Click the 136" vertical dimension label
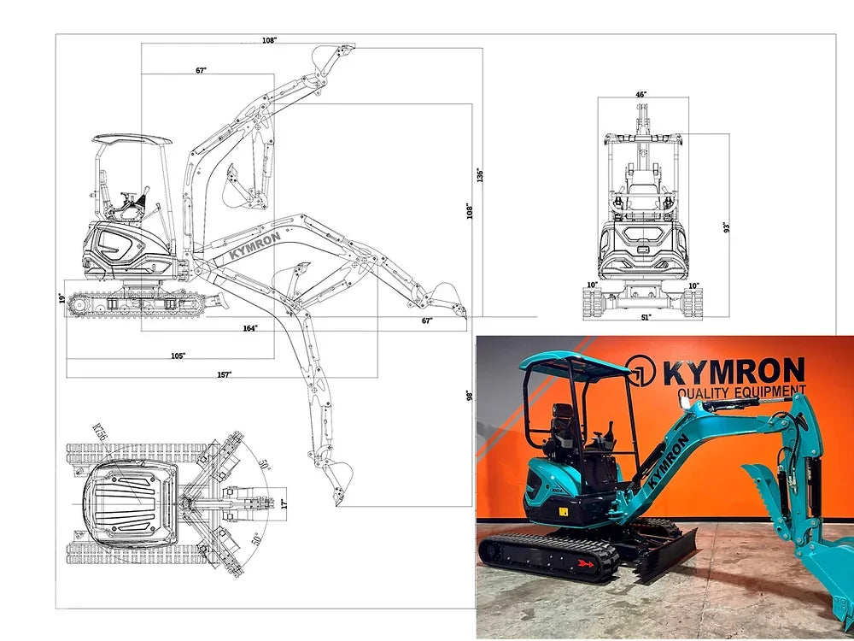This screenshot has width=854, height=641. (x=480, y=174)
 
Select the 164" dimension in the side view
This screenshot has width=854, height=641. (x=250, y=327)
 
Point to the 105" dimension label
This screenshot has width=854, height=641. (x=178, y=356)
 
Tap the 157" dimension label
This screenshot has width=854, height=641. (x=224, y=374)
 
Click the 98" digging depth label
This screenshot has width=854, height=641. (x=470, y=396)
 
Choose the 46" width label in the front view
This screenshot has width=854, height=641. (x=641, y=94)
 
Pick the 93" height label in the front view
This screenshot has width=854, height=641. (x=727, y=227)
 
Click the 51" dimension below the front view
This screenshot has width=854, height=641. (x=646, y=317)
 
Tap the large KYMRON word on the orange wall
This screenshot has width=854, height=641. (x=733, y=372)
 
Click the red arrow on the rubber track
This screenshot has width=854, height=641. (x=585, y=563)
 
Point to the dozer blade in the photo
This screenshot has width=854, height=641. (x=666, y=551)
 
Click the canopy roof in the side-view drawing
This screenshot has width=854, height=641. (x=132, y=138)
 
